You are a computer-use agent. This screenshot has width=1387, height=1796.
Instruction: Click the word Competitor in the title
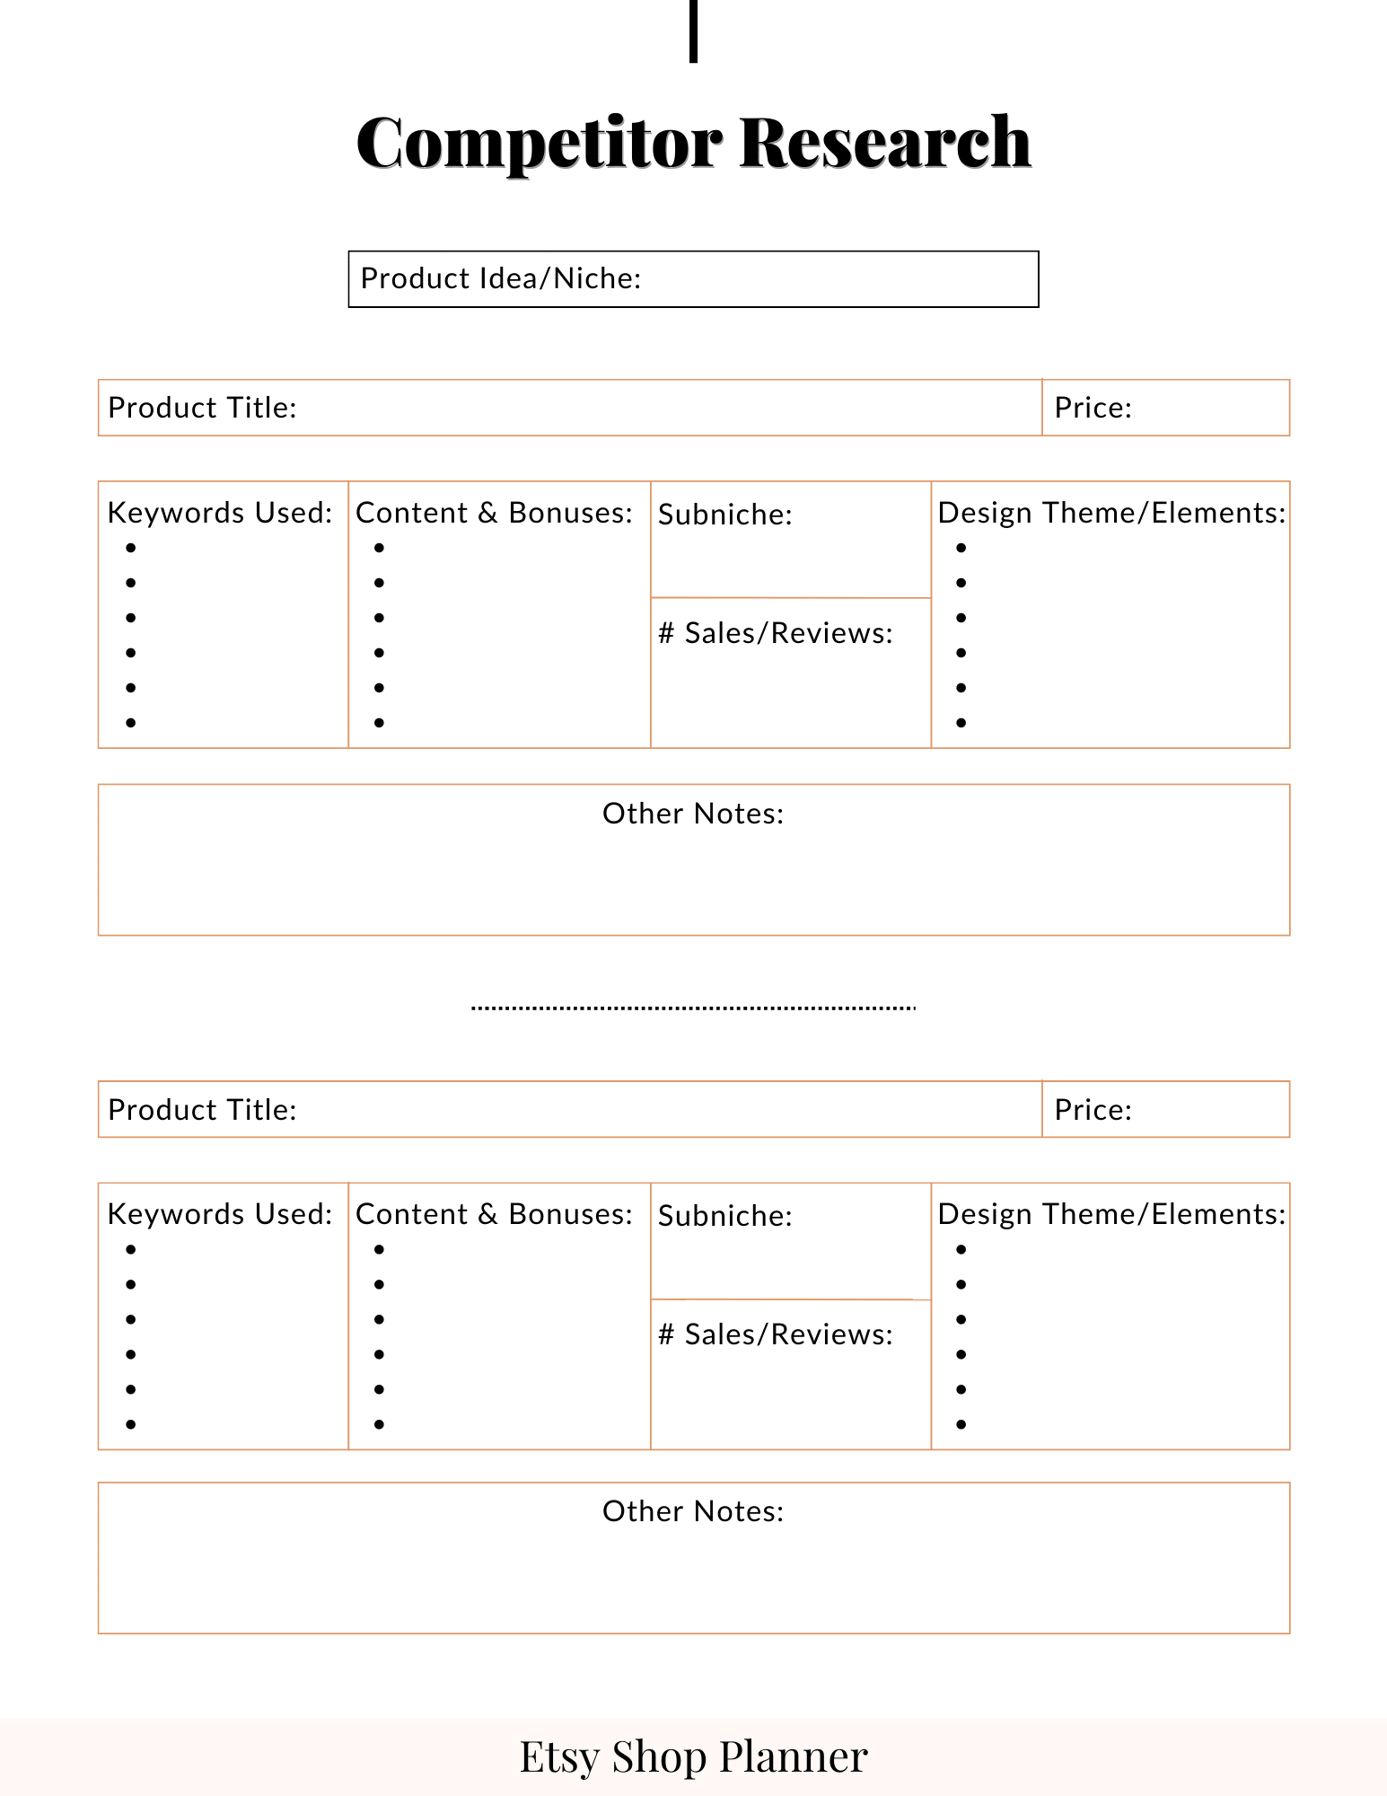[539, 143]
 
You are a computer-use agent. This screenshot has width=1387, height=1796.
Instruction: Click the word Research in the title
[885, 143]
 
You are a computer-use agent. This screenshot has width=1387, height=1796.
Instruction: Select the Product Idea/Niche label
[501, 278]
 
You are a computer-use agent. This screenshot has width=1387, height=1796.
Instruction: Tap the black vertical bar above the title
[693, 31]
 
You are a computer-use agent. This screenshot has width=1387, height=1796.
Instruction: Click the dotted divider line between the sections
[693, 1008]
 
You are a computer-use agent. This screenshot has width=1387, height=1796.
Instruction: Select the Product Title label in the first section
[202, 408]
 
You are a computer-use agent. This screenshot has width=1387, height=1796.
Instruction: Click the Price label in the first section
[1093, 408]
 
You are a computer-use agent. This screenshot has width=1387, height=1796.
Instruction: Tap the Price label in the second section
[1093, 1110]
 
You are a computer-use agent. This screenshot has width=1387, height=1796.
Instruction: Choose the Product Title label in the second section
[202, 1110]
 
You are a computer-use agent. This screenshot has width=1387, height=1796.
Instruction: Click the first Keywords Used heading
[220, 513]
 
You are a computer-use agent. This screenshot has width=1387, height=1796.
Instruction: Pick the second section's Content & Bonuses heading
[495, 1214]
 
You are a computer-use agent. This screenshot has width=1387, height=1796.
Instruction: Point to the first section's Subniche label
[725, 515]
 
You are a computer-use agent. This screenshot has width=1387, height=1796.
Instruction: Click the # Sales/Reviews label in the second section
[776, 1334]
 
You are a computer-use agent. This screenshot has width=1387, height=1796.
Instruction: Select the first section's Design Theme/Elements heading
[1111, 513]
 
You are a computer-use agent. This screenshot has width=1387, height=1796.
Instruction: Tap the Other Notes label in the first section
[693, 814]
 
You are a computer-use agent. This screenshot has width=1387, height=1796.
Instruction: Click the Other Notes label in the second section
[693, 1511]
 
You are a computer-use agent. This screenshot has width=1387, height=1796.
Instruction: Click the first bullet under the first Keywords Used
[131, 548]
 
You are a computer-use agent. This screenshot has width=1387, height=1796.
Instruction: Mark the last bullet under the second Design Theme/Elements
[961, 1424]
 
